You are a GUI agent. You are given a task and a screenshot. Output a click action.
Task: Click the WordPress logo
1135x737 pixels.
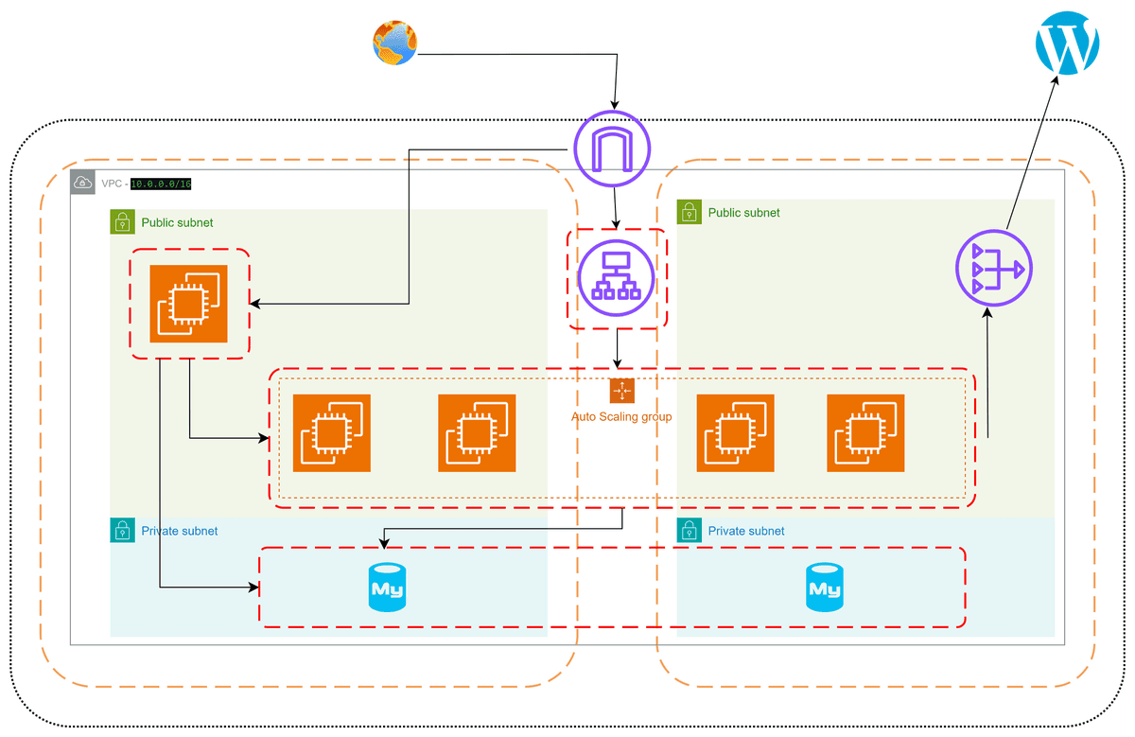pyautogui.click(x=1068, y=43)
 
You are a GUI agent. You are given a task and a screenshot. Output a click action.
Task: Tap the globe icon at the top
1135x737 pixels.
pyautogui.click(x=394, y=44)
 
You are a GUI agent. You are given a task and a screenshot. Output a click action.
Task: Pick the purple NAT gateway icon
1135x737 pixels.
pyautogui.click(x=993, y=272)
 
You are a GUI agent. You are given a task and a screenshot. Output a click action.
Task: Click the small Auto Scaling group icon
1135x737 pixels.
pyautogui.click(x=621, y=391)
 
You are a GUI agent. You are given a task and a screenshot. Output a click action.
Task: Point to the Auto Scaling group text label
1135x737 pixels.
pyautogui.click(x=621, y=416)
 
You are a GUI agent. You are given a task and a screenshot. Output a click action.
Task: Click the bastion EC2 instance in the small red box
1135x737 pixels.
pyautogui.click(x=189, y=304)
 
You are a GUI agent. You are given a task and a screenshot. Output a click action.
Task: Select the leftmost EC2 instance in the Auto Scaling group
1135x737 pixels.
pyautogui.click(x=331, y=432)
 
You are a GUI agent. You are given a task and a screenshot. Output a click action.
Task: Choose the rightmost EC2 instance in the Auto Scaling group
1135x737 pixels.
pyautogui.click(x=865, y=432)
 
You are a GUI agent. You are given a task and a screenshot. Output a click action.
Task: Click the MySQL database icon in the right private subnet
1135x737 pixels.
pyautogui.click(x=824, y=588)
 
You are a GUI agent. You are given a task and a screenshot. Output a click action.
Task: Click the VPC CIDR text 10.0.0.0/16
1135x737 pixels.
pyautogui.click(x=167, y=184)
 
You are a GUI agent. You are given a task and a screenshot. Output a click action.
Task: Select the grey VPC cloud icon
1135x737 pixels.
pyautogui.click(x=83, y=183)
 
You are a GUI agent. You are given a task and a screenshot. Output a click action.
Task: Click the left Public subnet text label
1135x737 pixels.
pyautogui.click(x=177, y=223)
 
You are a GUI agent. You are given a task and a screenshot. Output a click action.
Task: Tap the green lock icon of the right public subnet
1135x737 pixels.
pyautogui.click(x=689, y=212)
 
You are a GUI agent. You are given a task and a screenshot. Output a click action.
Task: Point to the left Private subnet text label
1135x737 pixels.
pyautogui.click(x=179, y=531)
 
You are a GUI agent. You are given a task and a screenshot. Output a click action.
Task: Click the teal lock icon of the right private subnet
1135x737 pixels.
pyautogui.click(x=689, y=531)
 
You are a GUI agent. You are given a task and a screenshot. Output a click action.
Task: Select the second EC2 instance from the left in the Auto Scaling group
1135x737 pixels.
pyautogui.click(x=477, y=432)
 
